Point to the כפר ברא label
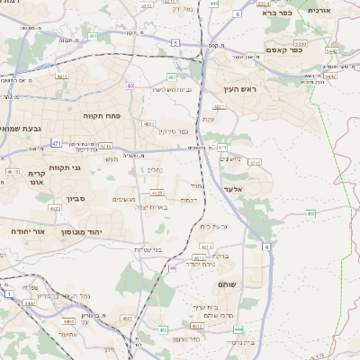tap(278, 13)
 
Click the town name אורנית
tap(320, 9)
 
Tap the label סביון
tap(75, 198)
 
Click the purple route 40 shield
tap(130, 86)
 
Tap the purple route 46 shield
tap(172, 267)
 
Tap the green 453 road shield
tap(127, 318)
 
